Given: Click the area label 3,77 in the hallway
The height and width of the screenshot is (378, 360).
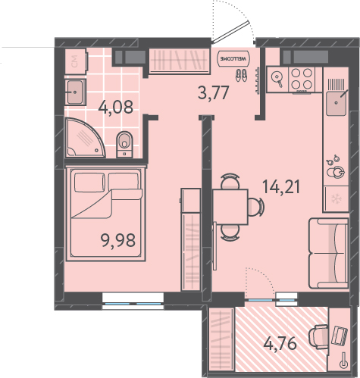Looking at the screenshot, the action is tap(214, 93).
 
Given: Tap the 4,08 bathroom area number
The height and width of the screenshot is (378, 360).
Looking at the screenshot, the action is tap(115, 107).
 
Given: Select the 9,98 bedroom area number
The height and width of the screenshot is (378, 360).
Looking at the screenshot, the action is tap(118, 240).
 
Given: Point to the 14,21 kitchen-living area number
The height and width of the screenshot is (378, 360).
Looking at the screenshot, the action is tap(281, 187).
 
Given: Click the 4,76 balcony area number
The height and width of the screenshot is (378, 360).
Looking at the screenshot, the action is tap(280, 344).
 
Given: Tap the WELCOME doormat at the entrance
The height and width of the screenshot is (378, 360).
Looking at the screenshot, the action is tap(233, 58).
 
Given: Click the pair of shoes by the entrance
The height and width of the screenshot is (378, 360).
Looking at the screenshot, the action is tap(241, 76).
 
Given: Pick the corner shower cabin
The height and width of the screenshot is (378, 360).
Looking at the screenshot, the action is tap(84, 138).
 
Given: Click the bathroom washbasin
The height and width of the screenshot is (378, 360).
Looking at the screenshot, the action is tap(75, 92).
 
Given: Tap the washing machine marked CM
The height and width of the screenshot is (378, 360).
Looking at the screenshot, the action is tap(76, 61).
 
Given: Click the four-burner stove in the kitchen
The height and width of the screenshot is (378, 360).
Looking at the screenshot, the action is tap(302, 79).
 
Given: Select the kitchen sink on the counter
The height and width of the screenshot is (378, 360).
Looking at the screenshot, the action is tap(336, 103).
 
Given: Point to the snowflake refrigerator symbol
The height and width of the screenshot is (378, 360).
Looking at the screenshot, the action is tap(337, 198).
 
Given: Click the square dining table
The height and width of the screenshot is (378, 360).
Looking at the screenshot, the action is tap(230, 207).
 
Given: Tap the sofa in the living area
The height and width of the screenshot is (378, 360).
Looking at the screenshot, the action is tap(328, 253).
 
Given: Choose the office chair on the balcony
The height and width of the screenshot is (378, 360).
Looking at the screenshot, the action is tap(318, 337).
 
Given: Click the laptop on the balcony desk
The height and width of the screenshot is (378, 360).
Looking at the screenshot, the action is tap(340, 336).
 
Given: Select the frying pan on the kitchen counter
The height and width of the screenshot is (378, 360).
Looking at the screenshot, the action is tap(277, 77).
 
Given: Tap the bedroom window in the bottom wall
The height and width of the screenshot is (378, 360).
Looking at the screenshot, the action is tap(133, 301).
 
